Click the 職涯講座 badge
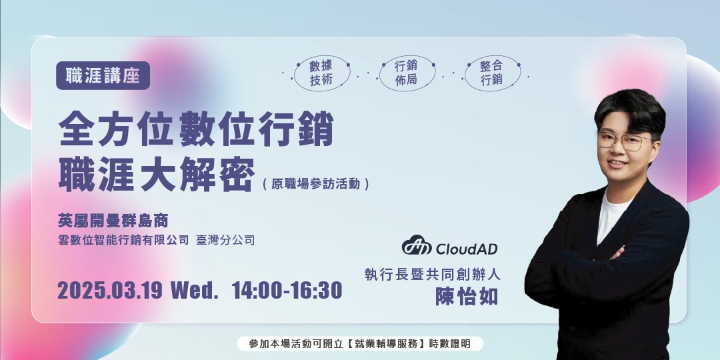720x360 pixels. (x=103, y=75)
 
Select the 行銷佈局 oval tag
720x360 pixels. (x=406, y=73)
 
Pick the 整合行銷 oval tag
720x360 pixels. (x=491, y=73)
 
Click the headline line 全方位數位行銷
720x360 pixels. (x=196, y=129)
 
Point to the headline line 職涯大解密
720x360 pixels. (x=157, y=175)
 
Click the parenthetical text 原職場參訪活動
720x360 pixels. (x=315, y=184)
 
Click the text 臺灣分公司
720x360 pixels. (x=225, y=240)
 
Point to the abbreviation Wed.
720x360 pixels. (x=195, y=291)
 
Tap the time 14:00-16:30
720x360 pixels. (x=287, y=291)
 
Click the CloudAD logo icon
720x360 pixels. (x=417, y=247)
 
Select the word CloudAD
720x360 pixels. (x=467, y=249)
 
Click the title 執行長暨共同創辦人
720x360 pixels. (x=432, y=273)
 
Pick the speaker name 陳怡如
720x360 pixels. (x=467, y=297)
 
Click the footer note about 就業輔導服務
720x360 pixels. (x=360, y=344)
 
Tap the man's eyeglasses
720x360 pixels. (x=623, y=141)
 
